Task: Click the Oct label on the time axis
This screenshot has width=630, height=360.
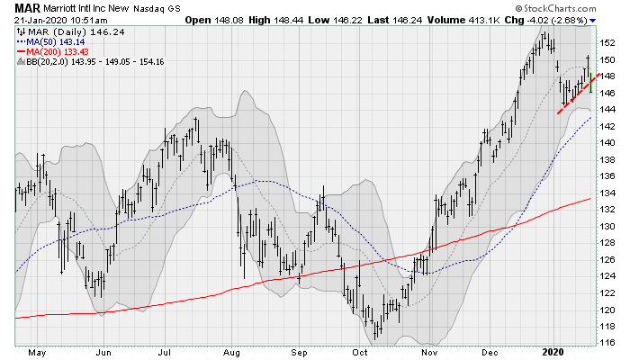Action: click(361, 353)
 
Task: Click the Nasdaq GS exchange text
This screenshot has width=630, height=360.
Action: click(173, 7)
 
